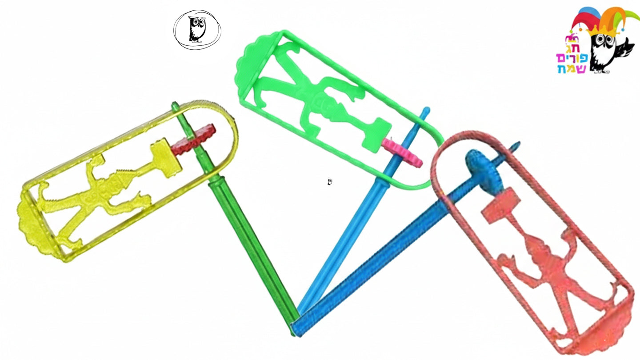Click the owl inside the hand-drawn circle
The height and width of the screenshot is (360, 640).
click(x=197, y=29)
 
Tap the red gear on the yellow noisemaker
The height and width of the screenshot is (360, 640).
click(x=194, y=139)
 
